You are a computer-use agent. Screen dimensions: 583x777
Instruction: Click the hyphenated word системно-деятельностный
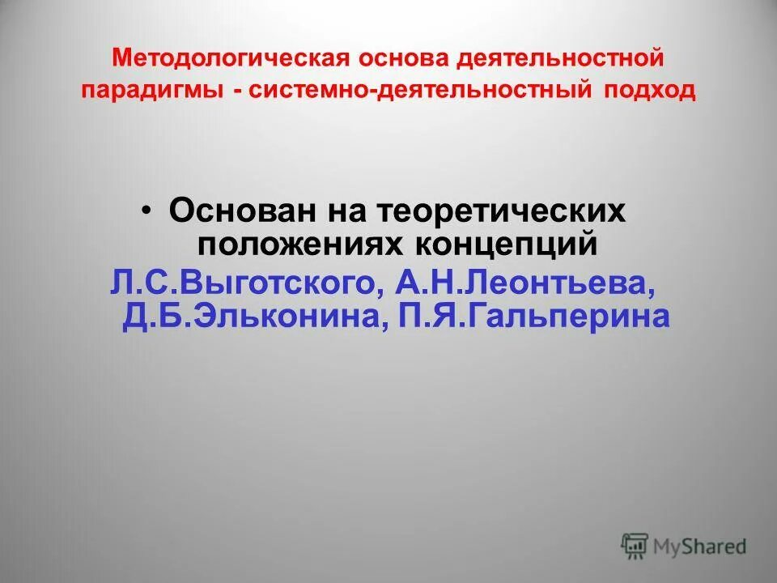click(x=421, y=91)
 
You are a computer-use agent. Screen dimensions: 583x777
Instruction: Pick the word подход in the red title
click(x=648, y=91)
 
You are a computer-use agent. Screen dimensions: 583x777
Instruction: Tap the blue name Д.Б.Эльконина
click(x=251, y=316)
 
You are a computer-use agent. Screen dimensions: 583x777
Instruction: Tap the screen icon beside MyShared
click(x=634, y=545)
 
